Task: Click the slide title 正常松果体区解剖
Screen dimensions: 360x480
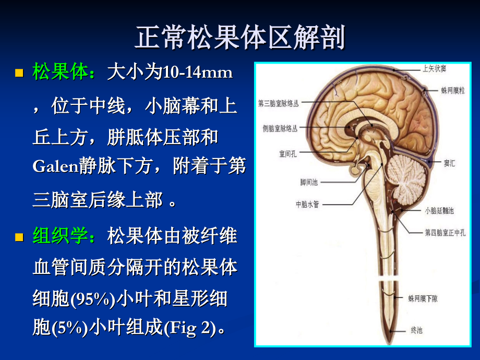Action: [239, 38]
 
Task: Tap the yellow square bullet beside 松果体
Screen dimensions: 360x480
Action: [19, 73]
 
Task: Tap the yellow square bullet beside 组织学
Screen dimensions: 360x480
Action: [19, 238]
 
